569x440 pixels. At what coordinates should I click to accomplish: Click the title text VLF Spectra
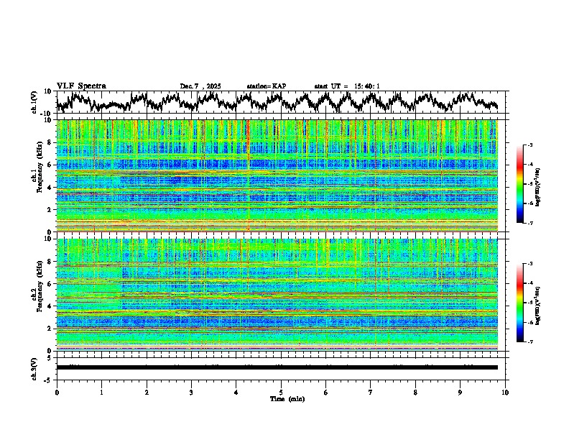[81, 86]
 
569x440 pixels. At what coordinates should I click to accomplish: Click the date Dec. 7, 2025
[200, 86]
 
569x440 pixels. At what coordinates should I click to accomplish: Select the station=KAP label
[266, 86]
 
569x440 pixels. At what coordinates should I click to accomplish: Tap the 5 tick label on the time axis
[281, 392]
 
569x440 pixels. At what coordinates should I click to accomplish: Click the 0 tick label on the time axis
[57, 392]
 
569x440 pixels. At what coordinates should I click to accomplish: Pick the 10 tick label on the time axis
[505, 392]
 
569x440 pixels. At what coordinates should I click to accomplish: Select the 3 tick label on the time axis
[191, 392]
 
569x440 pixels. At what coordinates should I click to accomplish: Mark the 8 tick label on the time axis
[415, 392]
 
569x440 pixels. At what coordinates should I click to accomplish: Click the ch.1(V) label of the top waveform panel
[35, 102]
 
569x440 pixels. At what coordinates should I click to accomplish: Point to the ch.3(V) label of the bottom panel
[35, 367]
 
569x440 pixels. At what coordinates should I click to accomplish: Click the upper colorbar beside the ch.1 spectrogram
[519, 184]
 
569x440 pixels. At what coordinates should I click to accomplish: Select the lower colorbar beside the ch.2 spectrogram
[519, 303]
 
